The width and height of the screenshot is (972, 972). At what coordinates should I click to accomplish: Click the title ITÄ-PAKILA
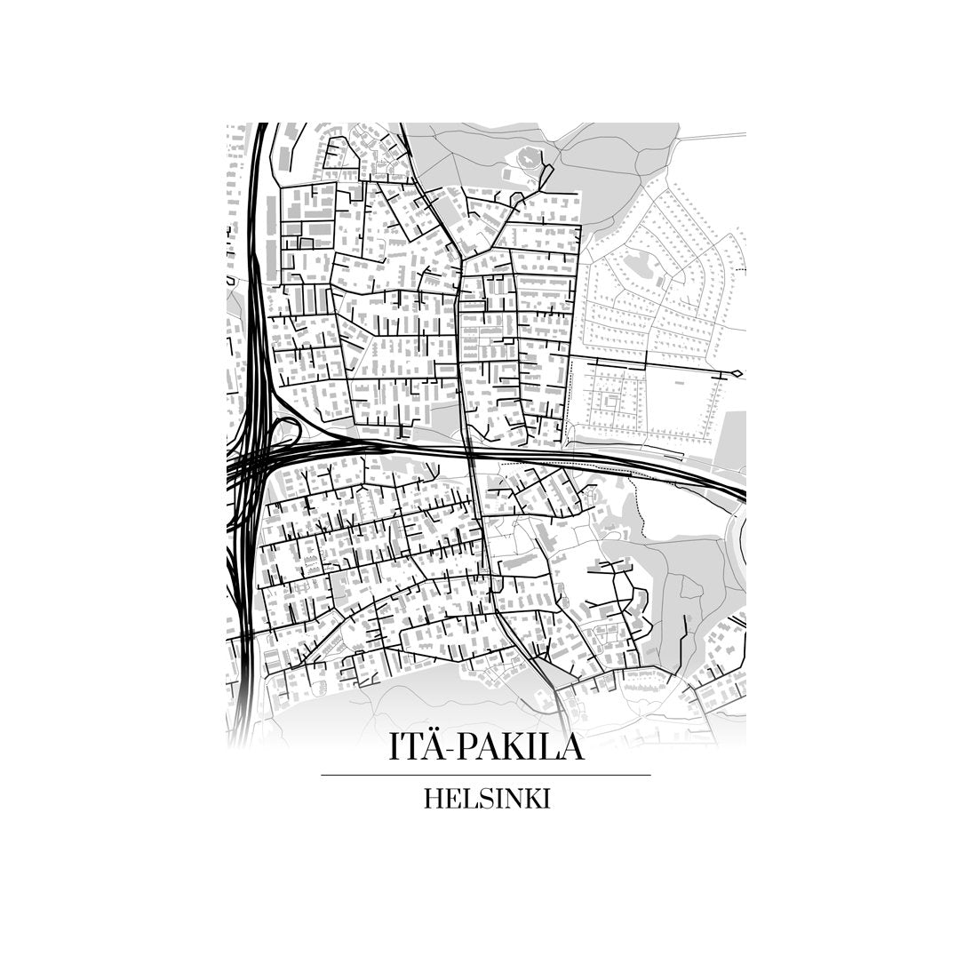(x=486, y=747)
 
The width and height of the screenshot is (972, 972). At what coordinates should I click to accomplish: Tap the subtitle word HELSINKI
(x=486, y=799)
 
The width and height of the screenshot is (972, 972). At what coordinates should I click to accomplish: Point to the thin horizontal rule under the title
(x=486, y=776)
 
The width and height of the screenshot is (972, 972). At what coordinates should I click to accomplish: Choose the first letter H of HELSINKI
(x=433, y=799)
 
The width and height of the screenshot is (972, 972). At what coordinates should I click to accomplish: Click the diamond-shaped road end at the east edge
(x=736, y=373)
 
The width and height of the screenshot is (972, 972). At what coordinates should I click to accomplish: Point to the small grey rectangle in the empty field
(x=681, y=382)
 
